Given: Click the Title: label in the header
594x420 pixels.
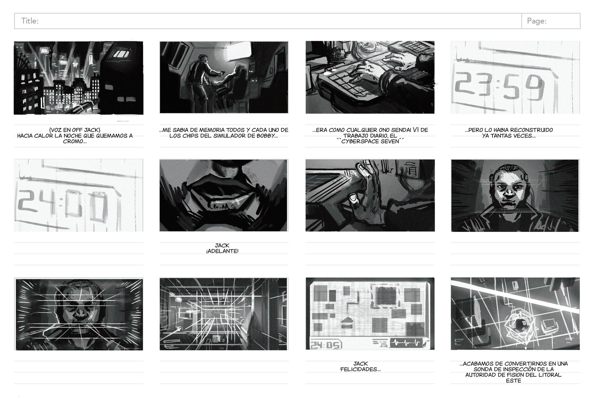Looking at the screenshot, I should click(30, 21).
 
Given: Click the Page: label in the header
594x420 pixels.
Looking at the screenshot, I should click(536, 21).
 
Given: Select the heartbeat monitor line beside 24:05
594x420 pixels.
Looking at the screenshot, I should click(406, 343).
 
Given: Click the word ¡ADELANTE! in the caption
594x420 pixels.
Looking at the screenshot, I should click(222, 251).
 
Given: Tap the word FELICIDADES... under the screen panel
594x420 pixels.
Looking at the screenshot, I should click(360, 369).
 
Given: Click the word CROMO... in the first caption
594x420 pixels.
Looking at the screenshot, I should click(75, 141).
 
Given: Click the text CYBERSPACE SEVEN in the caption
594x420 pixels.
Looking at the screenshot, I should click(370, 141).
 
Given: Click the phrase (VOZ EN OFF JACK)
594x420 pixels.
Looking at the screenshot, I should click(75, 130).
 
